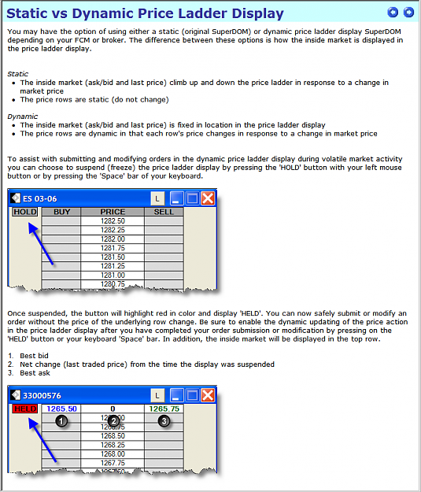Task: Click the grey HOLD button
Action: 25,212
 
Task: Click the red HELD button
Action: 25,409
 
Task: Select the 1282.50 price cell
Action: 113,221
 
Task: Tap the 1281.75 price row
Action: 113,248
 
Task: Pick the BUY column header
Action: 61,212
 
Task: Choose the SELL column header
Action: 164,212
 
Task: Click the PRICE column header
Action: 113,212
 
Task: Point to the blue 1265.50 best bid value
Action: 61,409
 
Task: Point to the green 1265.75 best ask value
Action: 164,409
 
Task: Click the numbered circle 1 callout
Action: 61,421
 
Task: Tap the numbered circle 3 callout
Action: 164,421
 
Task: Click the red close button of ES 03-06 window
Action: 208,198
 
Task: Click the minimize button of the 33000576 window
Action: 176,395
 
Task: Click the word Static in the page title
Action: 26,13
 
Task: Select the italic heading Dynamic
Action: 23,117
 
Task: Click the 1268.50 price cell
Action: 113,436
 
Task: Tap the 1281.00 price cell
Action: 113,276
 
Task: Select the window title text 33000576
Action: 42,395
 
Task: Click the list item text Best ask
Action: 35,373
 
